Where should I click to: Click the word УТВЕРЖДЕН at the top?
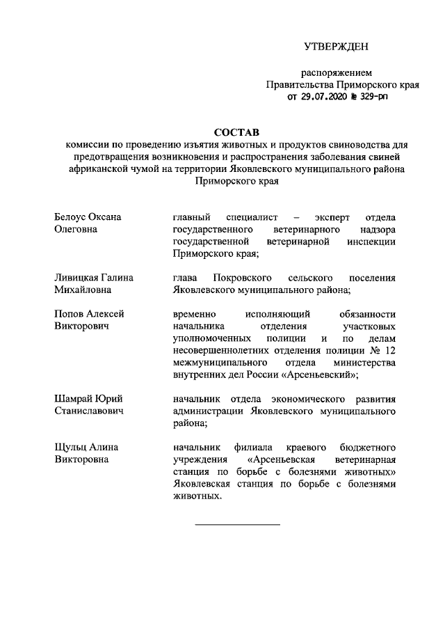point(336,47)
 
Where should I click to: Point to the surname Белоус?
point(70,217)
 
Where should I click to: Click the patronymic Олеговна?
point(75,229)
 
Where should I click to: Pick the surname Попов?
point(67,314)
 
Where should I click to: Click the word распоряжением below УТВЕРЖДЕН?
point(336,72)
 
